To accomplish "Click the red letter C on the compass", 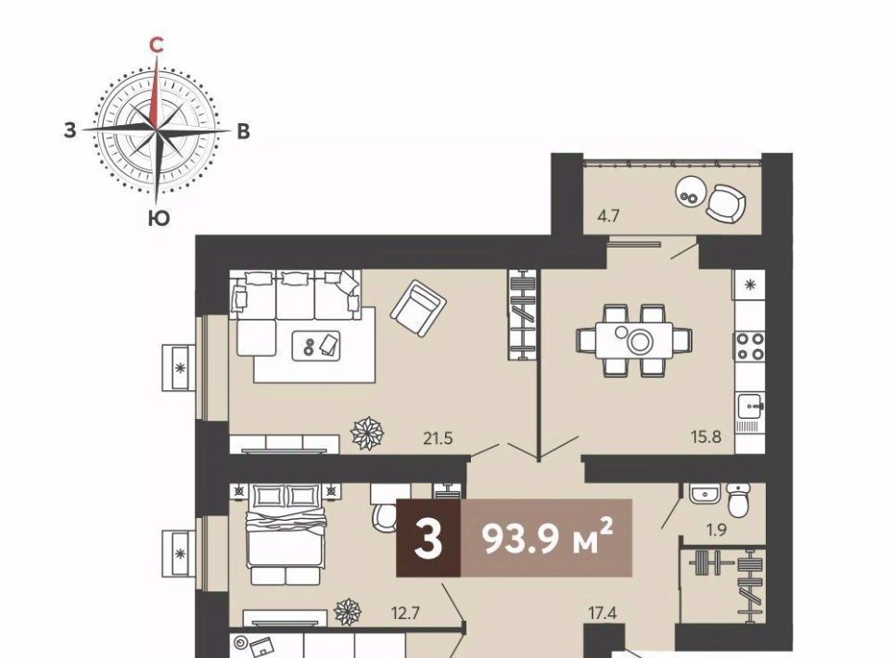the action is pyautogui.click(x=156, y=44).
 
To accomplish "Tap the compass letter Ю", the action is pyautogui.click(x=159, y=219).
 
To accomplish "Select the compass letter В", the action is pyautogui.click(x=243, y=132).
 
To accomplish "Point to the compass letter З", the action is pyautogui.click(x=70, y=131).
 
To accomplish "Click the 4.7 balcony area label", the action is pyautogui.click(x=608, y=216).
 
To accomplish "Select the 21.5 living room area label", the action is pyautogui.click(x=438, y=438).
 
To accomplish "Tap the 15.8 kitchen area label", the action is pyautogui.click(x=706, y=437).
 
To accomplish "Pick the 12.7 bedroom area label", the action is pyautogui.click(x=406, y=614).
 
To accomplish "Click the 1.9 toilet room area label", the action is pyautogui.click(x=717, y=530).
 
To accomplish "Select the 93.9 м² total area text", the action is pyautogui.click(x=547, y=538).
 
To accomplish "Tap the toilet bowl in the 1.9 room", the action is pyautogui.click(x=738, y=500).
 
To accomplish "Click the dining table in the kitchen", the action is pyautogui.click(x=634, y=340).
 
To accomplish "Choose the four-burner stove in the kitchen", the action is pyautogui.click(x=750, y=347).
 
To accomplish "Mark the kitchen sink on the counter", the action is pyautogui.click(x=750, y=406).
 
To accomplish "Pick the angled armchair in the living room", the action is pyautogui.click(x=418, y=310).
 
